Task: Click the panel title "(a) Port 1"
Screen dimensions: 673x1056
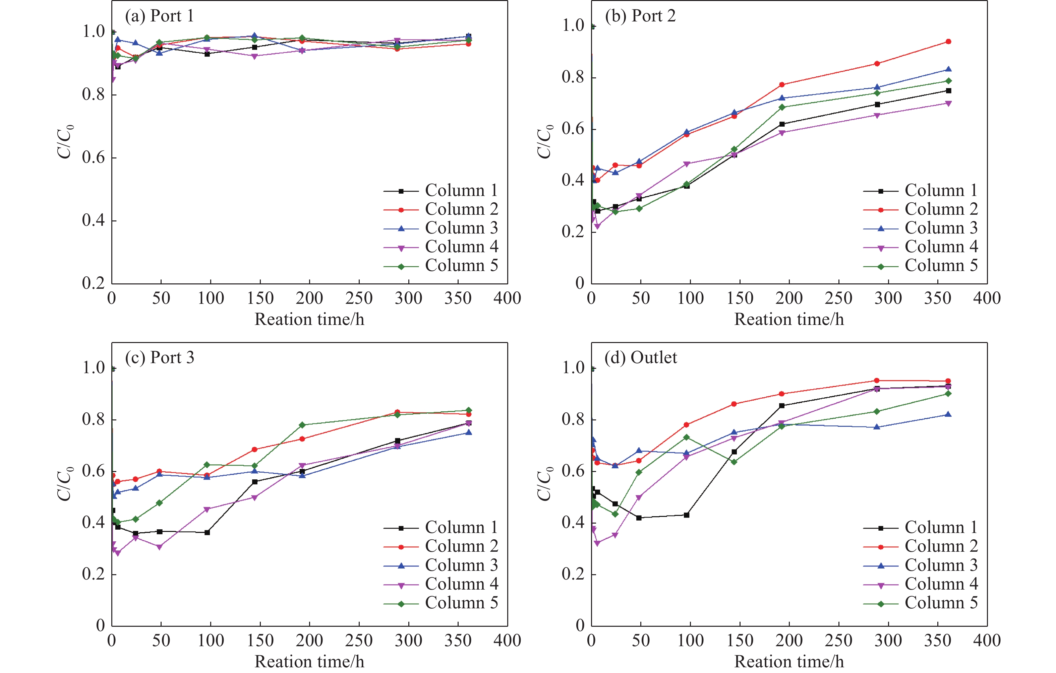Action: click(x=159, y=16)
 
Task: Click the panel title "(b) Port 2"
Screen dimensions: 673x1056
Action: click(x=640, y=16)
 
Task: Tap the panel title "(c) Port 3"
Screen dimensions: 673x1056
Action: click(x=159, y=358)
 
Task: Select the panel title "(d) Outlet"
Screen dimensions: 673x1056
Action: click(x=640, y=358)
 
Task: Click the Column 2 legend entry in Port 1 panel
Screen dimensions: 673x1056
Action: click(x=441, y=209)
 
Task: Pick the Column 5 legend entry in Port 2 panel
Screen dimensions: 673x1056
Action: click(x=921, y=266)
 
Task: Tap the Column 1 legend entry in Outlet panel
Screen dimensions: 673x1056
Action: click(x=921, y=528)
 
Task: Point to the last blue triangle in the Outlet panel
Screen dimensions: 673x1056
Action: click(x=948, y=414)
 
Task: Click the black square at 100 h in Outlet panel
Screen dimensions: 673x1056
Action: click(x=687, y=515)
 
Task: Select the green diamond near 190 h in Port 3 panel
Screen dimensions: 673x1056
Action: click(x=302, y=425)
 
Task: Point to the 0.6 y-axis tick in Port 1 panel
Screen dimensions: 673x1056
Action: click(x=94, y=158)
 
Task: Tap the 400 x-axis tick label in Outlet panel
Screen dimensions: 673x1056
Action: click(x=987, y=641)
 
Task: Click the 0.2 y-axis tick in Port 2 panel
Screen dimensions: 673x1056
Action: click(x=573, y=232)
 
